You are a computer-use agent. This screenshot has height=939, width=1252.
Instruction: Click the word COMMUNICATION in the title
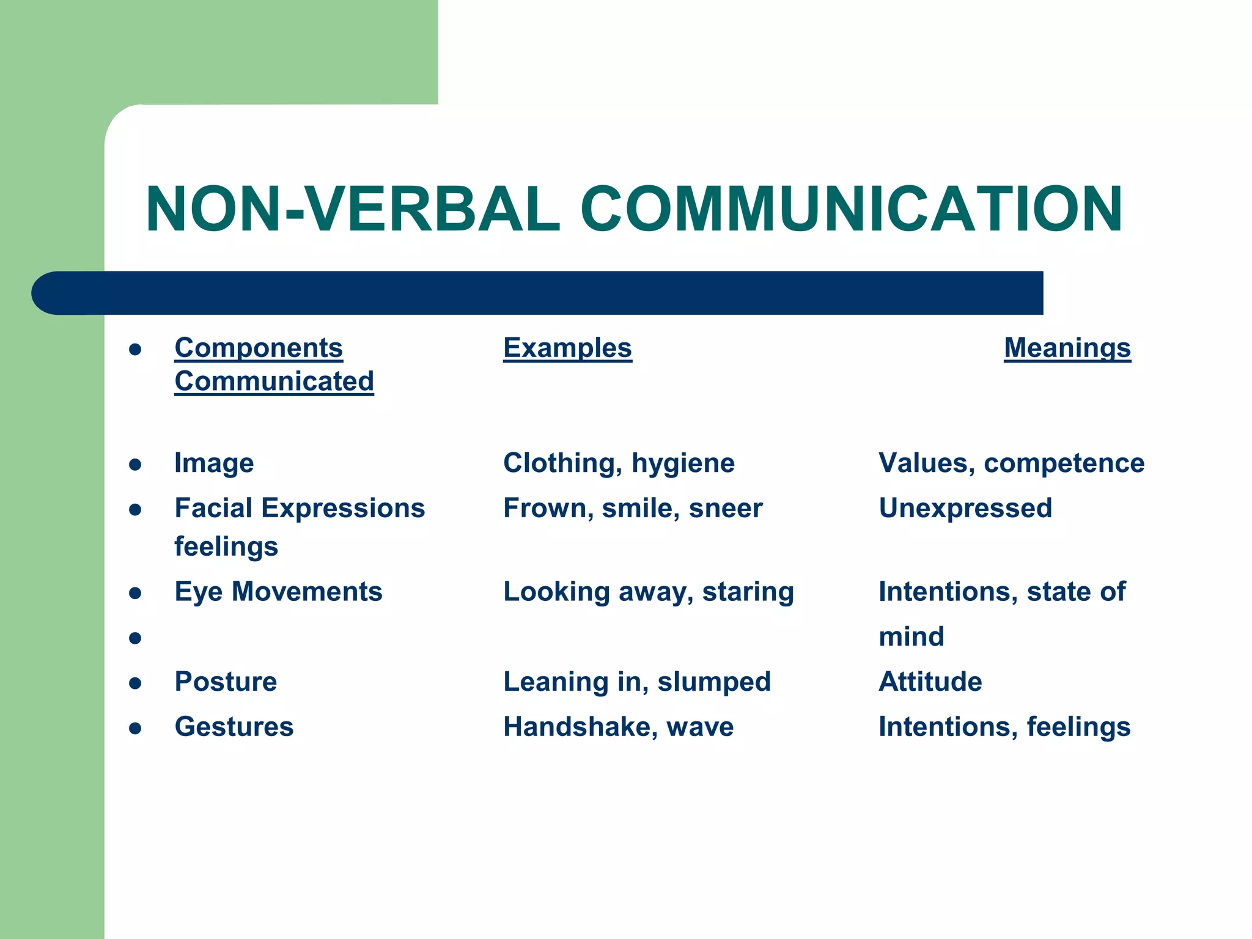pos(851,209)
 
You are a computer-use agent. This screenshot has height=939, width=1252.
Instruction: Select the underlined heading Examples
pos(567,348)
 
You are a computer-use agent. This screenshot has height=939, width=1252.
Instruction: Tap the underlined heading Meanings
pos(1067,348)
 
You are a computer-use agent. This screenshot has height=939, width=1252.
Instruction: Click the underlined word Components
pos(259,348)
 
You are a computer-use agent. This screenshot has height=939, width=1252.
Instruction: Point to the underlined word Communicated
pos(274,381)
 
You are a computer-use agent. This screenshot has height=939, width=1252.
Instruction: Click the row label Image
pos(214,463)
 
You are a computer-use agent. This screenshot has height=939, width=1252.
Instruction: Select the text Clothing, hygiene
pos(619,463)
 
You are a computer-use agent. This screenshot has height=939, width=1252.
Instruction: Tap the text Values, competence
pos(1011,463)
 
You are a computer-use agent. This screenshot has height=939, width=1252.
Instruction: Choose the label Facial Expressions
pos(300,508)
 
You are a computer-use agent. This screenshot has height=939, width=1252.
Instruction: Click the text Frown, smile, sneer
pos(633,508)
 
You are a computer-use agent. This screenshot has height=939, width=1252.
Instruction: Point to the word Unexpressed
pos(965,508)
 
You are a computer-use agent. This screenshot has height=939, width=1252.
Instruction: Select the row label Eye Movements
pos(278,592)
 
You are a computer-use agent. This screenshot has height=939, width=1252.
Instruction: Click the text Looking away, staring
pos(649,592)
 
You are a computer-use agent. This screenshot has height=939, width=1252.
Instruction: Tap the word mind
pos(911,637)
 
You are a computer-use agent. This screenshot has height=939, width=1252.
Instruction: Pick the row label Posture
pos(226,682)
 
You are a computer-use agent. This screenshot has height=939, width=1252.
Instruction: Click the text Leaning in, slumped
pos(637,682)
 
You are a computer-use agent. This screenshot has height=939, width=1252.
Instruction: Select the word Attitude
pos(930,682)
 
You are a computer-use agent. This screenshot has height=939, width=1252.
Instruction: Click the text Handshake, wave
pos(618,727)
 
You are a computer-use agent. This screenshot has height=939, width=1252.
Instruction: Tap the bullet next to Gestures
pos(136,728)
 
